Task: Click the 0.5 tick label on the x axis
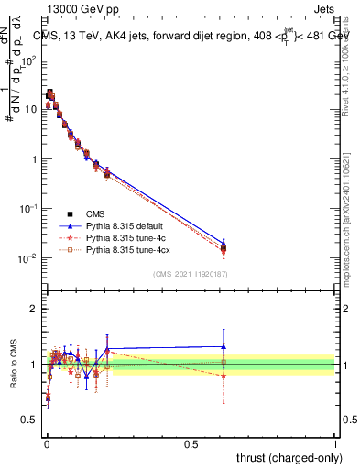tap(191, 443)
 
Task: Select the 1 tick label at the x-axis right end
tap(335, 443)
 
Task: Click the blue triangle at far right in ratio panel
tap(223, 346)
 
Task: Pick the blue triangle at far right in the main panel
tap(223, 240)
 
